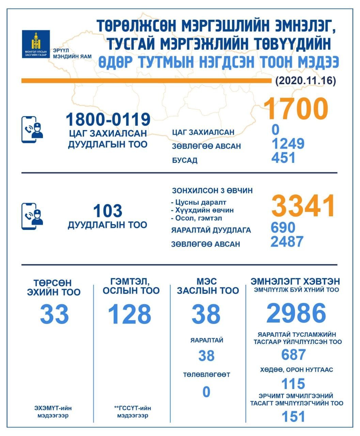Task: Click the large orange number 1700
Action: [295, 109]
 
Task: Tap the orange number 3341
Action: [303, 206]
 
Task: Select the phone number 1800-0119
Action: [108, 119]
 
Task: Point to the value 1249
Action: [288, 144]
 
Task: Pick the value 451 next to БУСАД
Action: [283, 158]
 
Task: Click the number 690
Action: [283, 228]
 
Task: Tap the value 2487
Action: [287, 242]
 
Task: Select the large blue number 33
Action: [54, 314]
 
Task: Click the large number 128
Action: [129, 314]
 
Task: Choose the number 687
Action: [293, 355]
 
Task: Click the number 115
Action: [293, 384]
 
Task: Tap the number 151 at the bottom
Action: [293, 417]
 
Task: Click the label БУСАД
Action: [185, 160]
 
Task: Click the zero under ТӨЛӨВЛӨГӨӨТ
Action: [206, 392]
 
